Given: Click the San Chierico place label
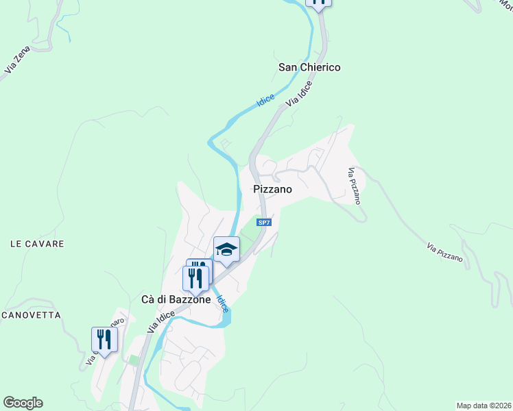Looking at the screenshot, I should click(309, 67).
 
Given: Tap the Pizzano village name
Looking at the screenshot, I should click(272, 189).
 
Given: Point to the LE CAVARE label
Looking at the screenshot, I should click(37, 244).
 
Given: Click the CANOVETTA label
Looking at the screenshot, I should click(31, 315).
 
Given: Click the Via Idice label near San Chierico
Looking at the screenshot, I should click(299, 94).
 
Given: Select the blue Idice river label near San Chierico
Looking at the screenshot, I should click(265, 100).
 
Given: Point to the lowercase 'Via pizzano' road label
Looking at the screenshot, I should click(354, 186).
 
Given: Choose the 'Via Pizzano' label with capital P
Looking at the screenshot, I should click(444, 251).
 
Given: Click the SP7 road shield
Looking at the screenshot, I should click(263, 223).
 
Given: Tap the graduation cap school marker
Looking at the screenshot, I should click(226, 250).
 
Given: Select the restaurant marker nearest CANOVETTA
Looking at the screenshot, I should click(104, 338).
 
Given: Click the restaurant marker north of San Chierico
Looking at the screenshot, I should click(318, 2).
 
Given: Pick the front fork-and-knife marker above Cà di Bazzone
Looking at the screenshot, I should click(195, 277).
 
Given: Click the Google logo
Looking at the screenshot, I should click(23, 403).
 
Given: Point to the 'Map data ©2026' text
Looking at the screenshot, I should click(484, 405).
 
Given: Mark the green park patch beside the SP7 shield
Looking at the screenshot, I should click(251, 234).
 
